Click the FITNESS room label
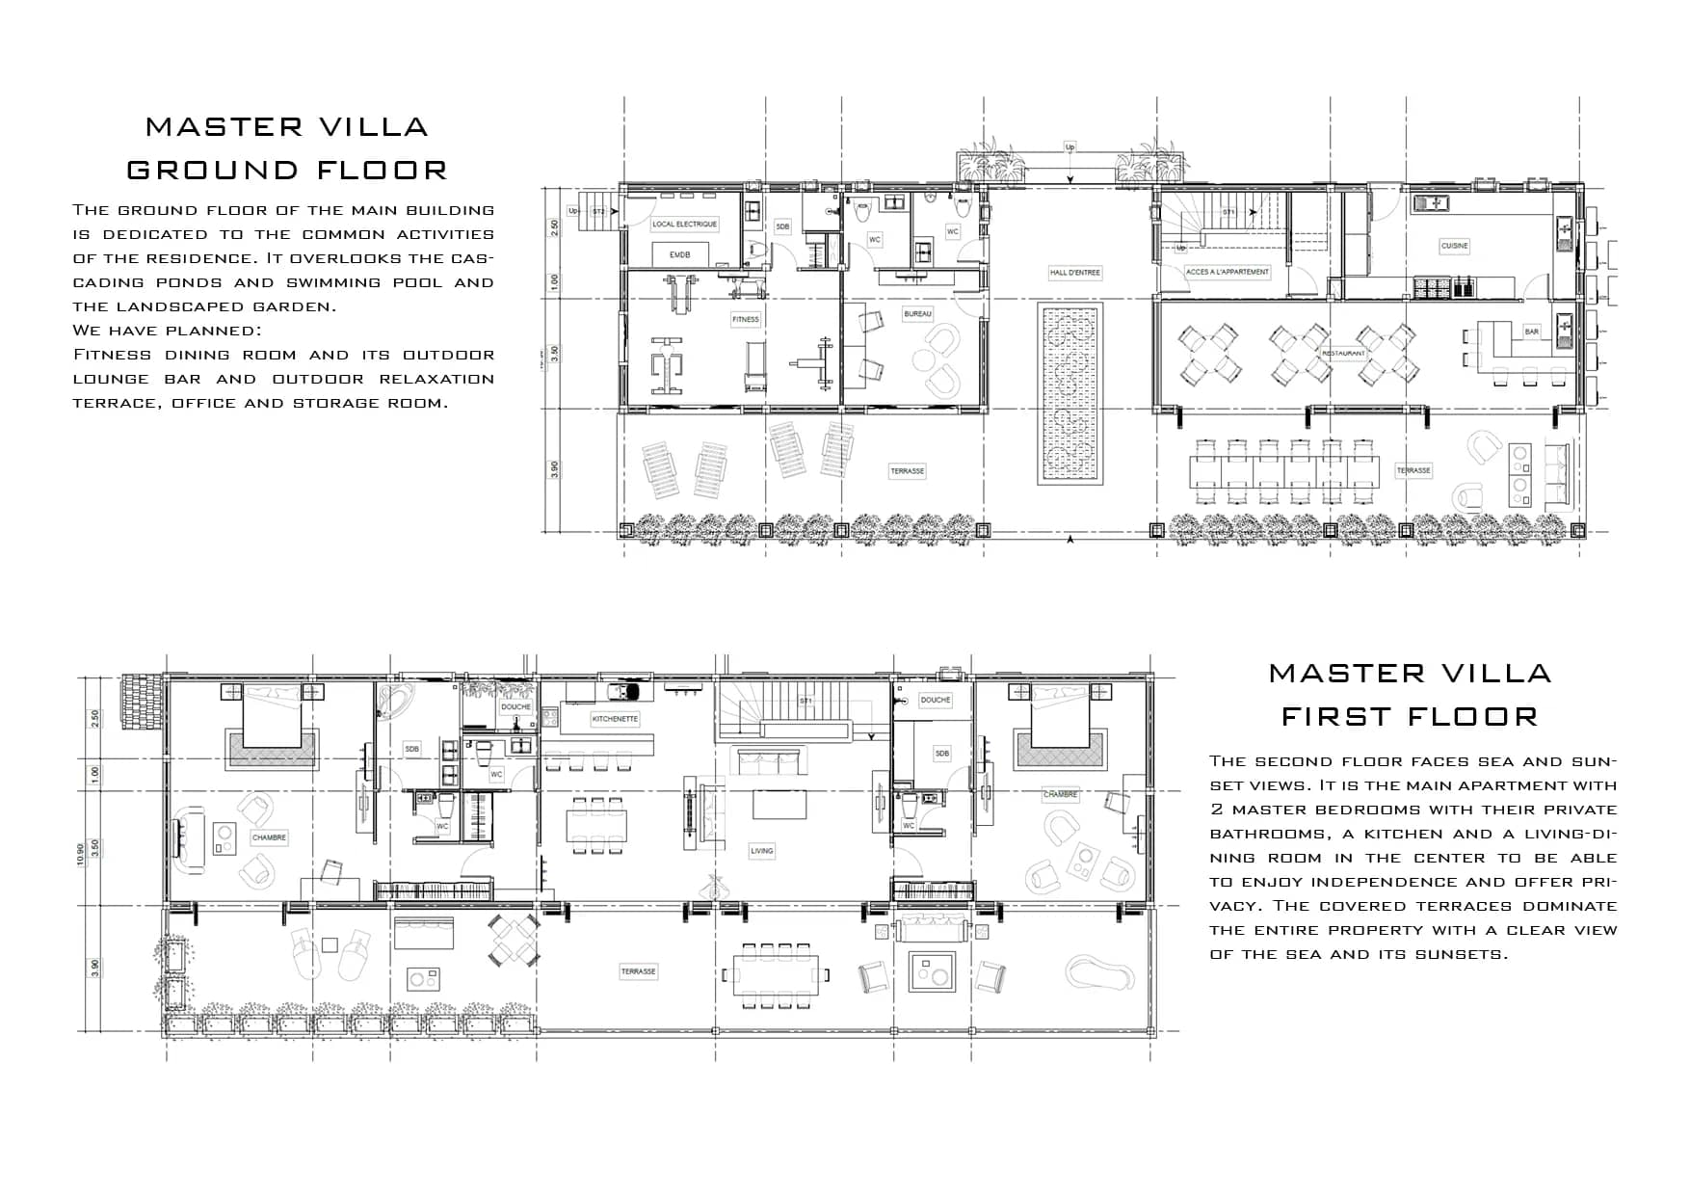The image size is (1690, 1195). [745, 319]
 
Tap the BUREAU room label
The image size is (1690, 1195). [917, 314]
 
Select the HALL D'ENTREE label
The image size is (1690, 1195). [1074, 273]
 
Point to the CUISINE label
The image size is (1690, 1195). [1454, 246]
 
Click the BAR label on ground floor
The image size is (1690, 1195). [1531, 332]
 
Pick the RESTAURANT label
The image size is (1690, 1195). [1343, 354]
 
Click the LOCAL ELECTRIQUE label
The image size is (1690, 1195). [685, 224]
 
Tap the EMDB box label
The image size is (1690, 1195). [680, 254]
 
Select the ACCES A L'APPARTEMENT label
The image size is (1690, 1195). [1227, 272]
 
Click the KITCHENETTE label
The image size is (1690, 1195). [615, 719]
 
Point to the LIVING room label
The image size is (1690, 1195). [761, 851]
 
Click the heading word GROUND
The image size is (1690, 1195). [213, 171]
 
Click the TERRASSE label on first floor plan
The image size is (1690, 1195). [638, 971]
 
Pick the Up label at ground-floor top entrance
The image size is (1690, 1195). [1069, 147]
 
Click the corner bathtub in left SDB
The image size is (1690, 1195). [394, 704]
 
